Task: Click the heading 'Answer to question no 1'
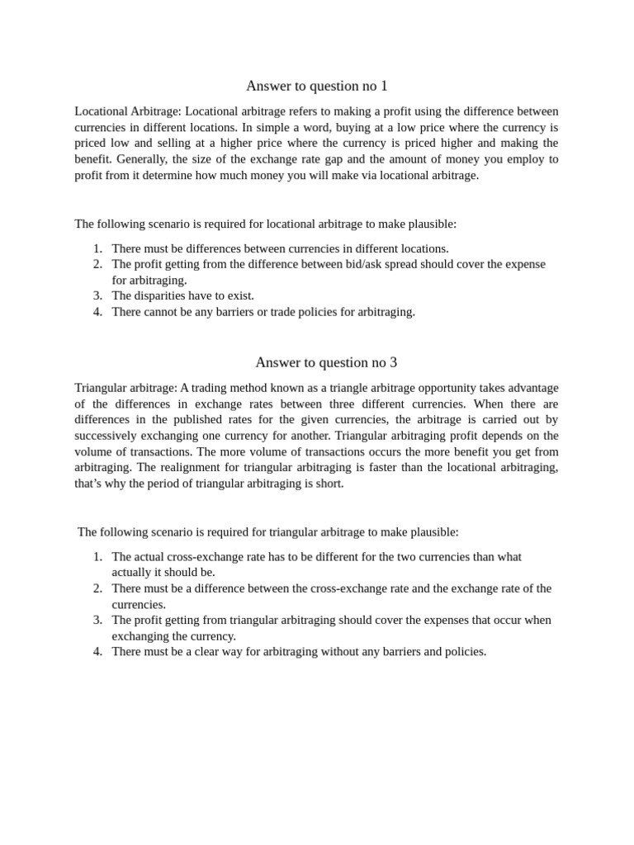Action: (316, 86)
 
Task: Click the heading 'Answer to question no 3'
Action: (326, 362)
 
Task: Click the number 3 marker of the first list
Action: (97, 295)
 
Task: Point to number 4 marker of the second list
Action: (97, 652)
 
